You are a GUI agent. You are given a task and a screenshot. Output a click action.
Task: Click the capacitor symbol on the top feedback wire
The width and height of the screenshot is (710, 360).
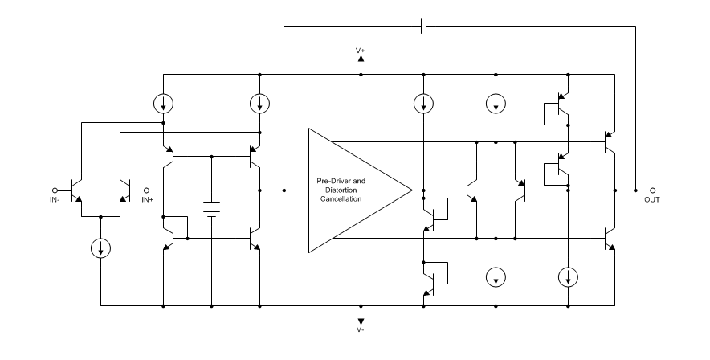[423, 27]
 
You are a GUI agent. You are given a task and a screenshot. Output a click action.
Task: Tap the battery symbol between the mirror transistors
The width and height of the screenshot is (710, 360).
[210, 208]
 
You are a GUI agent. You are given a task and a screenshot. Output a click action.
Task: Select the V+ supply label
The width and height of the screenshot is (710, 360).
[361, 50]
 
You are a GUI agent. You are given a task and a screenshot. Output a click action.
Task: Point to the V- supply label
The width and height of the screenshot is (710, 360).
[361, 329]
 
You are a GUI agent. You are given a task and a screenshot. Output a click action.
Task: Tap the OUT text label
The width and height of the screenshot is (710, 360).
[651, 199]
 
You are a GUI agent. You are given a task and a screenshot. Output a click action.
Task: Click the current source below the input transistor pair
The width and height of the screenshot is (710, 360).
[101, 248]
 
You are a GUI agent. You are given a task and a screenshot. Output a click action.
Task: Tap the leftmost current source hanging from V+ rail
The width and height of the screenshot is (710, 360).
[163, 104]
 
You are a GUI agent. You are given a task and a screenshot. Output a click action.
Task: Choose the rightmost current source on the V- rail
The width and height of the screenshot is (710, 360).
[568, 277]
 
